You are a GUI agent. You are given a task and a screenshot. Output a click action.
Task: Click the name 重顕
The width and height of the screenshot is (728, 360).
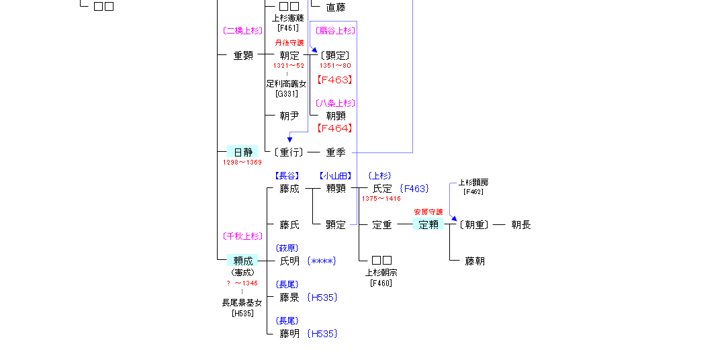(x=243, y=56)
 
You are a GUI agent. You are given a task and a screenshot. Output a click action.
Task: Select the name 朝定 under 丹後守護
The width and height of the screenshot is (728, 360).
(x=289, y=56)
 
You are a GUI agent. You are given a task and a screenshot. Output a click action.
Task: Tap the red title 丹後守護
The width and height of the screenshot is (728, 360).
(x=289, y=43)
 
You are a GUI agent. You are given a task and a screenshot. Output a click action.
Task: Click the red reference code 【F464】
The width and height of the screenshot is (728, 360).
(x=334, y=128)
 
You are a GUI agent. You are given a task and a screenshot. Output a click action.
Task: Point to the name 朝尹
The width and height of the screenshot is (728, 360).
(x=289, y=116)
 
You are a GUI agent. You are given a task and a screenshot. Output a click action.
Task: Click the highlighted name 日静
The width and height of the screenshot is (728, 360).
(x=242, y=152)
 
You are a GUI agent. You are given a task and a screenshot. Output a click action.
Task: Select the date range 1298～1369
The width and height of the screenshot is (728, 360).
(x=242, y=163)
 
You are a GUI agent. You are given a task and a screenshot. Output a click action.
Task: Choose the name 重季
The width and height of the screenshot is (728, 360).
(x=336, y=152)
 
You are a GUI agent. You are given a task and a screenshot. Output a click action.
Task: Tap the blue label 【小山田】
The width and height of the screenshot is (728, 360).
(x=336, y=176)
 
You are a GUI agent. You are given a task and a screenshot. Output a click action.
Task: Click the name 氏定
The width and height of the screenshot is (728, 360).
(x=382, y=189)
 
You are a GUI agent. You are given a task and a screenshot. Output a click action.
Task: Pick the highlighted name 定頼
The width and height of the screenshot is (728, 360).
(x=428, y=225)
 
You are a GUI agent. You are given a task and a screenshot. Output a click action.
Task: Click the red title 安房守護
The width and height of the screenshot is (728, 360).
(x=428, y=212)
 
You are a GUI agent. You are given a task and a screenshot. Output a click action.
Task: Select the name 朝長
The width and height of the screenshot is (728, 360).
(x=521, y=225)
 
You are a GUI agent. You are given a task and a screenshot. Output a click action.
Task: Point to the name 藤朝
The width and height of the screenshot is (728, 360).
(x=475, y=261)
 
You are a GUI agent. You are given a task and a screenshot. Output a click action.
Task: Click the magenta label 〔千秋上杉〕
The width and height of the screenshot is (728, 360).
(x=242, y=236)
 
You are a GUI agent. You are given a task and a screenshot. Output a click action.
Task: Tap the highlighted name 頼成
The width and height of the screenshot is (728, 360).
(x=242, y=261)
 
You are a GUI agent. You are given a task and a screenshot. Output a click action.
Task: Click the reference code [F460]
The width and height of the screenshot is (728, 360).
(x=381, y=283)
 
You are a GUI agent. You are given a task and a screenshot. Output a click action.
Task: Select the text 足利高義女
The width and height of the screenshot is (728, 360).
(x=286, y=84)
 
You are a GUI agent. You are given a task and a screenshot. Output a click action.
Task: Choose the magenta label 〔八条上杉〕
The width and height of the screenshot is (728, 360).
(x=334, y=103)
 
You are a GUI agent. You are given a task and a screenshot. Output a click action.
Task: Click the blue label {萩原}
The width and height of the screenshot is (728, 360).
(x=287, y=249)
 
